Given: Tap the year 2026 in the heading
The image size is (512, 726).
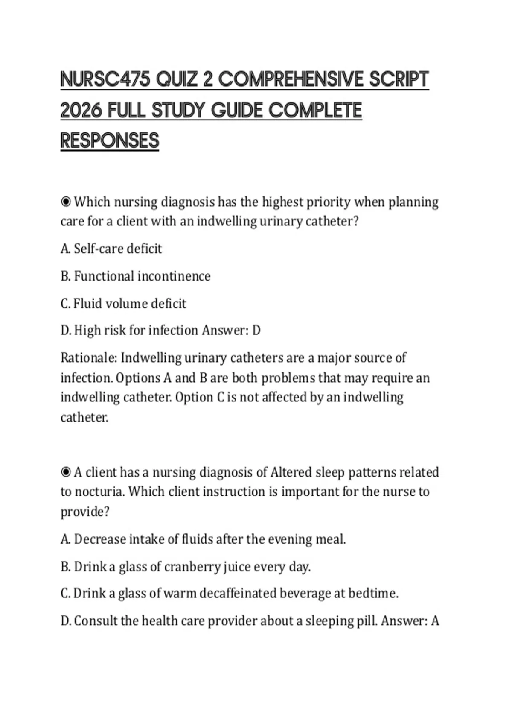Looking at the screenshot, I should tap(81, 111).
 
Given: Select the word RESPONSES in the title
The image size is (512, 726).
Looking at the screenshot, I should tap(110, 141).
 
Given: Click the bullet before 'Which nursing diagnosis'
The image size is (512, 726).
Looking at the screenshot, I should tap(66, 202).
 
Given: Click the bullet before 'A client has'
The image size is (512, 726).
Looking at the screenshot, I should tap(66, 472).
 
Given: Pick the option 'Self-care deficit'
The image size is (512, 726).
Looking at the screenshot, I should tap(118, 249).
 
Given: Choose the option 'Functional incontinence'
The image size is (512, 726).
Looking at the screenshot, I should tap(142, 276).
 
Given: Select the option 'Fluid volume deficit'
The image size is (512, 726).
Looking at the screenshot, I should tap(130, 304).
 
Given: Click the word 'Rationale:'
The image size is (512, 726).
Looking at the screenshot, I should tap(89, 358).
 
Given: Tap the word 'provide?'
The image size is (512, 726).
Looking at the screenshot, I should tap(85, 512).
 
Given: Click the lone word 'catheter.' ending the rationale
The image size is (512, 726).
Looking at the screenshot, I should tap(84, 417).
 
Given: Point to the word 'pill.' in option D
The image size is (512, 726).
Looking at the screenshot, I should tap(367, 621).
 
